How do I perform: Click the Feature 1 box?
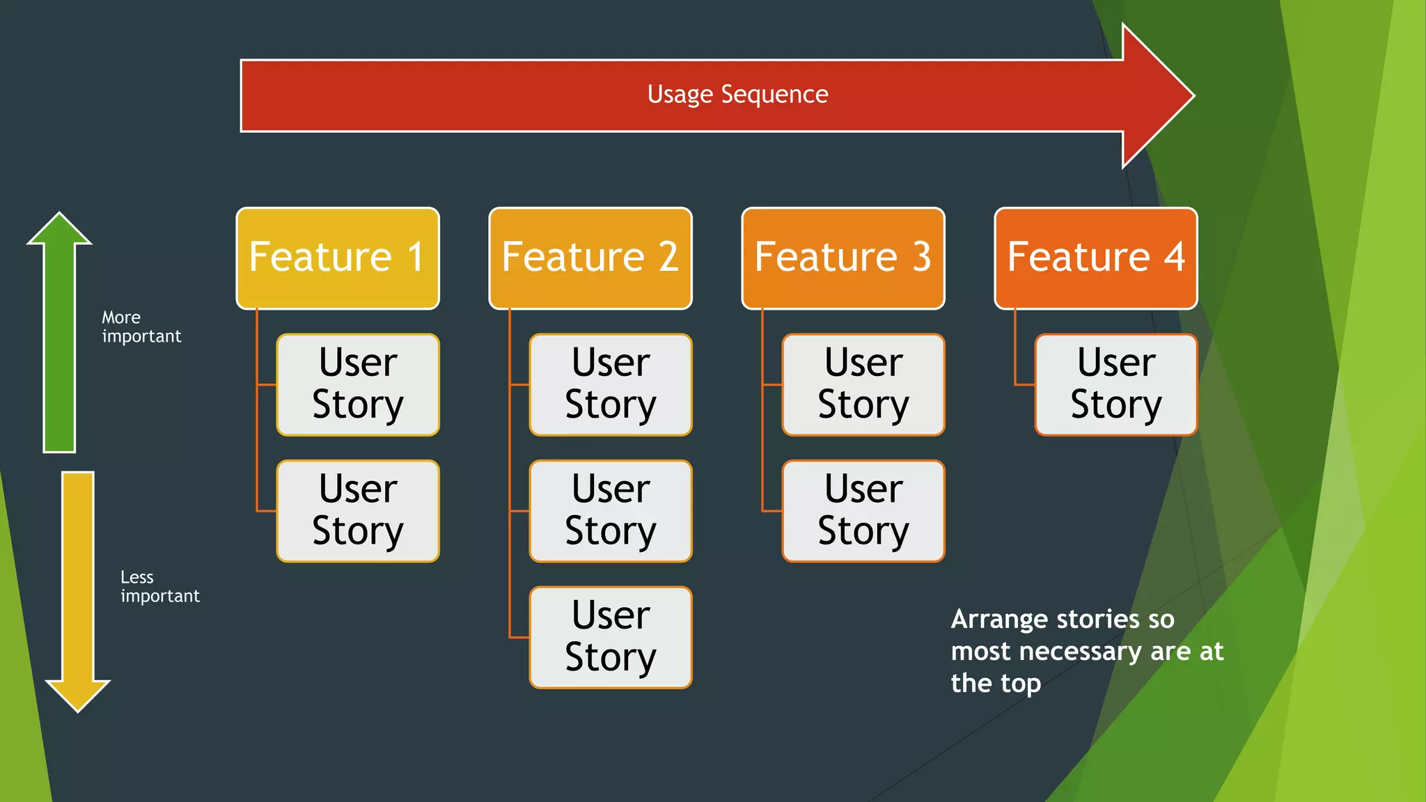[x=338, y=258]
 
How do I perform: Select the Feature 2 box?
[x=590, y=258]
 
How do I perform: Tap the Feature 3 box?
[x=843, y=258]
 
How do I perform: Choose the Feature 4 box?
[x=1096, y=258]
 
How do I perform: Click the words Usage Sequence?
[x=737, y=95]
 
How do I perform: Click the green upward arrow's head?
[x=60, y=230]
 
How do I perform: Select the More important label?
[x=141, y=327]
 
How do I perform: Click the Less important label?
[x=159, y=586]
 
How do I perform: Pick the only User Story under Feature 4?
[x=1115, y=384]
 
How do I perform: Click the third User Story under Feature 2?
[x=611, y=637]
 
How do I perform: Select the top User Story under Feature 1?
[x=358, y=384]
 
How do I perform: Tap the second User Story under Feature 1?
[x=358, y=510]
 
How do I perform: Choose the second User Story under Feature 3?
[x=863, y=510]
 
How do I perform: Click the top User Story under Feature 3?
[x=863, y=384]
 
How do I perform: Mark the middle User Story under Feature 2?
[x=611, y=510]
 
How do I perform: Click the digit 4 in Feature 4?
[x=1175, y=257]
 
